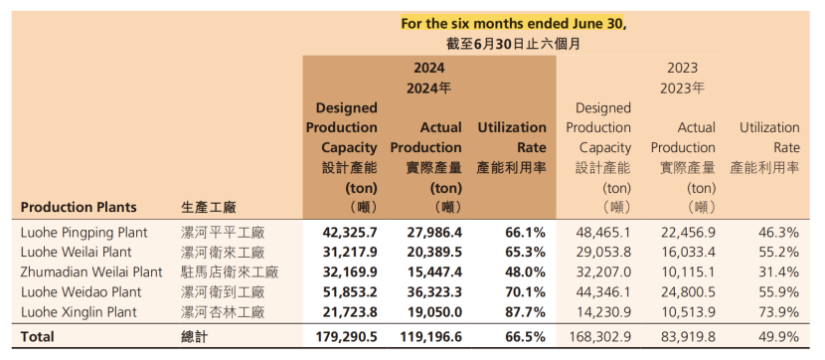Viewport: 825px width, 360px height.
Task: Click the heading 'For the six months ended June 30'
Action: [513, 24]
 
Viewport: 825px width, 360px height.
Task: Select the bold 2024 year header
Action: [428, 68]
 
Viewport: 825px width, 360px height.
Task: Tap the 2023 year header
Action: [683, 68]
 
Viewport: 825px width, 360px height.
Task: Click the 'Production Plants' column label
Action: [79, 208]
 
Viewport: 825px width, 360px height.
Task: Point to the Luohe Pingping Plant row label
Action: [84, 233]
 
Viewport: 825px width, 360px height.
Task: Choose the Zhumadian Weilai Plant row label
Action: [91, 272]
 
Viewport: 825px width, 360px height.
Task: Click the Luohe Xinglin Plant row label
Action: [79, 312]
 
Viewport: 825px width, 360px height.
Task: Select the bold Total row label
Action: [38, 337]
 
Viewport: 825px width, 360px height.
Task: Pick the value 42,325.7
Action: [349, 233]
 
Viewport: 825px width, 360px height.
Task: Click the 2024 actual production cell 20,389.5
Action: [434, 253]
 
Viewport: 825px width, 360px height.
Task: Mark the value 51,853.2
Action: [349, 292]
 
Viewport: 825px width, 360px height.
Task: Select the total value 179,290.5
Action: [346, 337]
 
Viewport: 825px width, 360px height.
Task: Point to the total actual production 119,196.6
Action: [431, 337]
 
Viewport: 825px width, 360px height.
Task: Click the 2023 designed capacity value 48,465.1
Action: [603, 233]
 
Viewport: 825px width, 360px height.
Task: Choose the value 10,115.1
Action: [688, 272]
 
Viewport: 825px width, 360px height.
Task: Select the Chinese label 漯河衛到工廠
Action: [223, 292]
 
